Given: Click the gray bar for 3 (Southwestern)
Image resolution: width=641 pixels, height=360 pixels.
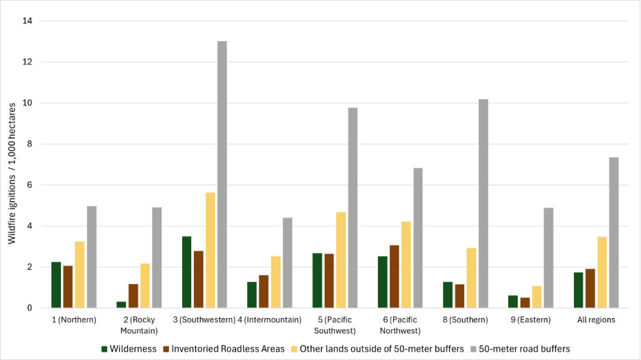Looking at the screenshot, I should coord(222,175).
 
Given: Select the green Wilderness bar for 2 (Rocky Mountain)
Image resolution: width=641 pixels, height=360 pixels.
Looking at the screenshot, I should coord(121,305).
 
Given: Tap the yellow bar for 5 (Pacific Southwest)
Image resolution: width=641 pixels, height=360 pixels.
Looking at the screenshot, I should coord(340,260).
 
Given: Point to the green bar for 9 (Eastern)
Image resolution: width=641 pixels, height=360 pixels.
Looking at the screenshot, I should coord(512,302).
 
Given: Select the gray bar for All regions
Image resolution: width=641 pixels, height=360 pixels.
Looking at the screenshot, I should coord(614,233).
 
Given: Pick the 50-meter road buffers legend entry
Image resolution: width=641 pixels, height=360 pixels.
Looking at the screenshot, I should coord(518,349).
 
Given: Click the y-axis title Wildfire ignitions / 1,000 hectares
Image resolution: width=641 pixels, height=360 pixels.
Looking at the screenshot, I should coord(12,164).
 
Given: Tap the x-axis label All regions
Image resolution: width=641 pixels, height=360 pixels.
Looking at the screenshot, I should coord(595,320).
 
